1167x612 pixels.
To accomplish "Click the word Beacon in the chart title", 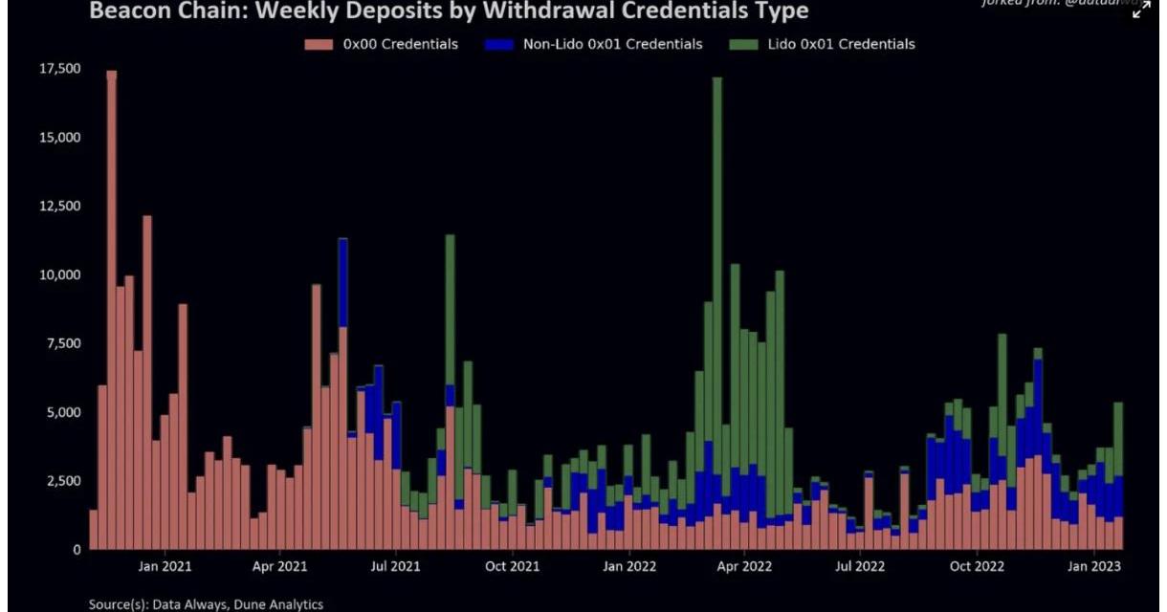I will click(x=127, y=11).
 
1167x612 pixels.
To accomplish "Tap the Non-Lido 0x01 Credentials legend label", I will click(x=612, y=44).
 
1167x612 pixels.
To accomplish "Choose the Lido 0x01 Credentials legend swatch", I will click(x=745, y=44).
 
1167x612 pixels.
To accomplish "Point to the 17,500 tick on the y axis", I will click(x=59, y=69).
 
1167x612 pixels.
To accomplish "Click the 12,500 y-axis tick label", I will click(x=59, y=206).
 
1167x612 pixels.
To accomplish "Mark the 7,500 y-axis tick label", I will click(x=63, y=343).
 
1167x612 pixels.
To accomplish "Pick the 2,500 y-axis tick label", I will click(x=63, y=481).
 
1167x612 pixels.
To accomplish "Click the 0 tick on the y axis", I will click(x=77, y=550).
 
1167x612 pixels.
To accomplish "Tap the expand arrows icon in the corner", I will click(x=1141, y=10).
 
